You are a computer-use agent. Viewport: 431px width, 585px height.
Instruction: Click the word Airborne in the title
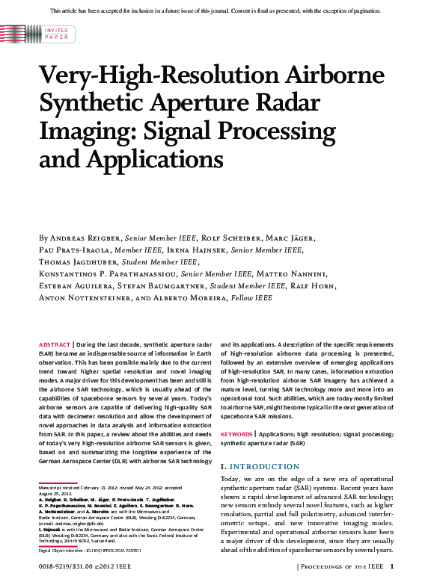click(x=329, y=76)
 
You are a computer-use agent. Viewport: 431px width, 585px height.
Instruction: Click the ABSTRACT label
click(x=55, y=344)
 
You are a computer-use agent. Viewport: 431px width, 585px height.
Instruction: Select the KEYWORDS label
click(x=237, y=434)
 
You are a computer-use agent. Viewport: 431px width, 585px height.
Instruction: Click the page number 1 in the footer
click(x=403, y=566)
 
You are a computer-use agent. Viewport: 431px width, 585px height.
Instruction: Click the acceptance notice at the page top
click(x=215, y=10)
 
